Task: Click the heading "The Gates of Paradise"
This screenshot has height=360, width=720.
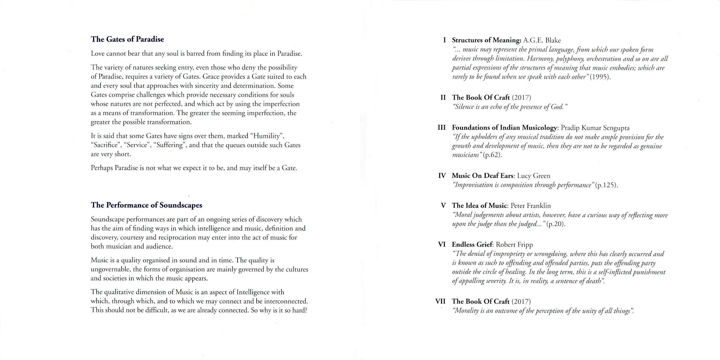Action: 127,39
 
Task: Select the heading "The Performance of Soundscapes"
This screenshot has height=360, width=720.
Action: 147,205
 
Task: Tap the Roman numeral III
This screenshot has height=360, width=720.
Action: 442,128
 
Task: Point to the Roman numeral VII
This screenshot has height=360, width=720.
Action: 440,301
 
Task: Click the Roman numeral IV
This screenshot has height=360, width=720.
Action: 442,176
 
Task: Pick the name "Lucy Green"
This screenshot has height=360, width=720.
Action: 534,176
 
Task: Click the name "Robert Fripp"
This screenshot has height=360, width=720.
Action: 514,245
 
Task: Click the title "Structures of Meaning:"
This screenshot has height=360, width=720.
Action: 487,40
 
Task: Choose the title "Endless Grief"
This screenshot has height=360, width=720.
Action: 472,245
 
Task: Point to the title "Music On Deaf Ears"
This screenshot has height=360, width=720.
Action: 483,176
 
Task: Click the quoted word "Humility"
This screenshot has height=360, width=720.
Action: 267,136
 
